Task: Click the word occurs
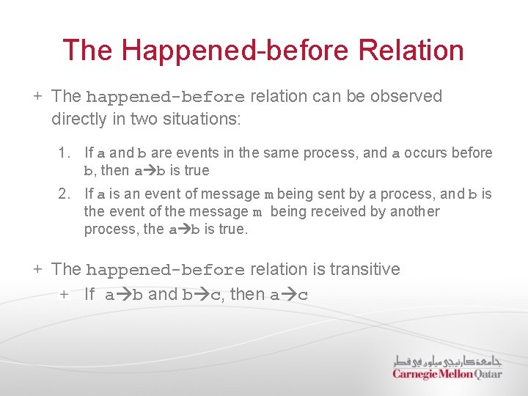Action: click(x=428, y=153)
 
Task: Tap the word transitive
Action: click(x=364, y=269)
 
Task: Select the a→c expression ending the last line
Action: click(x=289, y=295)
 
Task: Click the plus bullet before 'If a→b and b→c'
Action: click(x=64, y=295)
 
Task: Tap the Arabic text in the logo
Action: click(x=447, y=361)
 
